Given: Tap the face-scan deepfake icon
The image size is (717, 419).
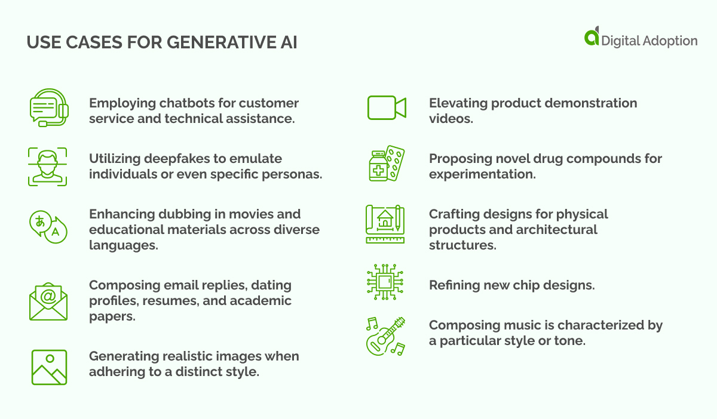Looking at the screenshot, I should click(x=48, y=166).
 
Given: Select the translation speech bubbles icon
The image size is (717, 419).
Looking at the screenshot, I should click(x=48, y=226).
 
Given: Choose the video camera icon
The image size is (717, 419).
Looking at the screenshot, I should click(x=387, y=108).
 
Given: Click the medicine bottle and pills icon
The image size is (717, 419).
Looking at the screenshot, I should click(x=386, y=163).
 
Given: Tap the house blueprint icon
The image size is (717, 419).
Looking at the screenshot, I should click(x=385, y=224).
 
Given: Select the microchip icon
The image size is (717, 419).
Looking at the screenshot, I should click(x=385, y=282).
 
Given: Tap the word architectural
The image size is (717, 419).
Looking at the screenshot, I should click(x=554, y=230).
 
